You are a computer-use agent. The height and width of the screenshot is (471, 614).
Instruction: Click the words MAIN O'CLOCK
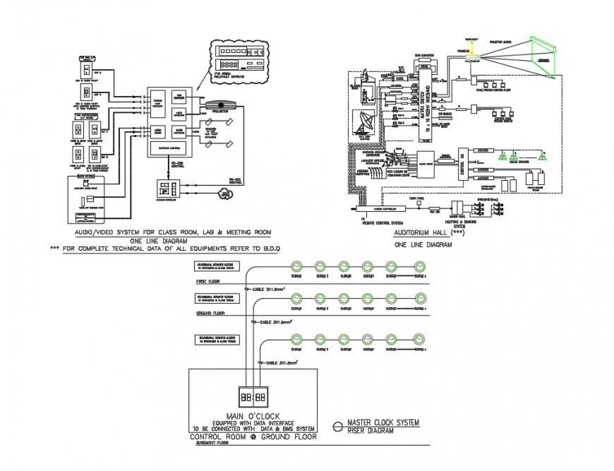tap(253, 415)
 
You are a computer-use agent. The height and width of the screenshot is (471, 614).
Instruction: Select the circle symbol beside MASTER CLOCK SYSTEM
tap(337, 427)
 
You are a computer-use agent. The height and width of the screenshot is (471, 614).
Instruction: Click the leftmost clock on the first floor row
tap(296, 266)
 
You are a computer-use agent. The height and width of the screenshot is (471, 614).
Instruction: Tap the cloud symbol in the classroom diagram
tap(225, 193)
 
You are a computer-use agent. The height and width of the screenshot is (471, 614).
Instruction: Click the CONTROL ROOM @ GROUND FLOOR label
tap(253, 436)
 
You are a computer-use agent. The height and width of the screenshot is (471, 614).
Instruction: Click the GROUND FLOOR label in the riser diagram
tap(210, 313)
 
